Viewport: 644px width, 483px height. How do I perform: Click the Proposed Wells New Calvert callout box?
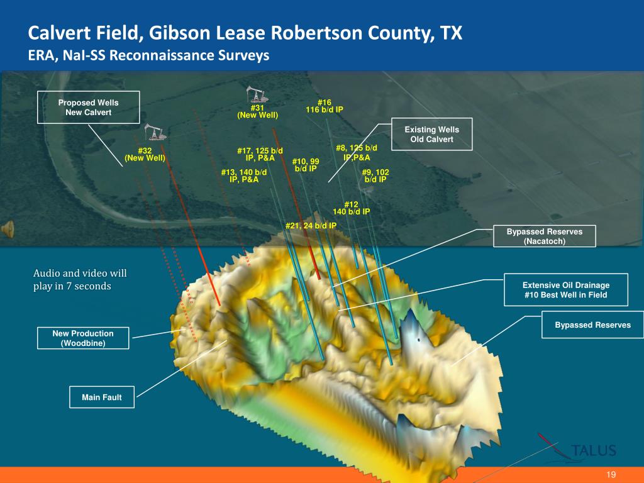[88, 107]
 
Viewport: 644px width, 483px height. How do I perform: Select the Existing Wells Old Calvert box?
[431, 134]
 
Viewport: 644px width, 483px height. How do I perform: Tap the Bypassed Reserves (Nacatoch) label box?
[545, 236]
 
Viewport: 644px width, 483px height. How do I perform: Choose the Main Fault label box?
[101, 397]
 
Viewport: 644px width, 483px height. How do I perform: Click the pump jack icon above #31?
[257, 94]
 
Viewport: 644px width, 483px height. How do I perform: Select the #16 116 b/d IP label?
[325, 106]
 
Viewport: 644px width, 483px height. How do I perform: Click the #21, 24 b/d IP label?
[311, 225]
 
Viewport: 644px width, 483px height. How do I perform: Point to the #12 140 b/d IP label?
[351, 208]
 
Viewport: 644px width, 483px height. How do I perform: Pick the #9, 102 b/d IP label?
[375, 175]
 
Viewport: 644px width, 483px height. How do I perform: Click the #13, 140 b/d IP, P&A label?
[244, 175]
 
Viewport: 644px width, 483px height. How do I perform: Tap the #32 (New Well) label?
[145, 155]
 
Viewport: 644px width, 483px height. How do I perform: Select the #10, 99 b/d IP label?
[306, 165]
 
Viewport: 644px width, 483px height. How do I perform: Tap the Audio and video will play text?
[80, 280]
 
